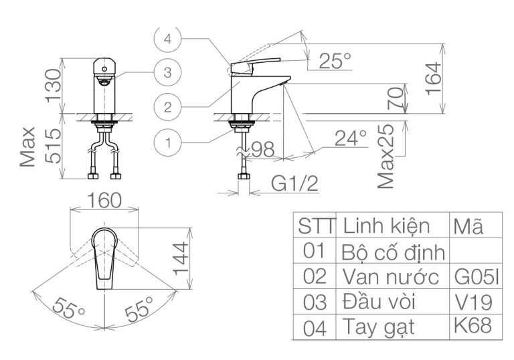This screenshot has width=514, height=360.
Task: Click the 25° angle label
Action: [334, 61]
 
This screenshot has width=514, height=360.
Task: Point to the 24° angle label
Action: [351, 139]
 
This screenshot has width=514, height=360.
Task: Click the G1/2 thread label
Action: [295, 183]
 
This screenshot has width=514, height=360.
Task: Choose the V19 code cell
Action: [472, 301]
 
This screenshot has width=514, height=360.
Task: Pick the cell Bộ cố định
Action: [393, 253]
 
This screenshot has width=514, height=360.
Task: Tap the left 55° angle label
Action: [69, 309]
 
